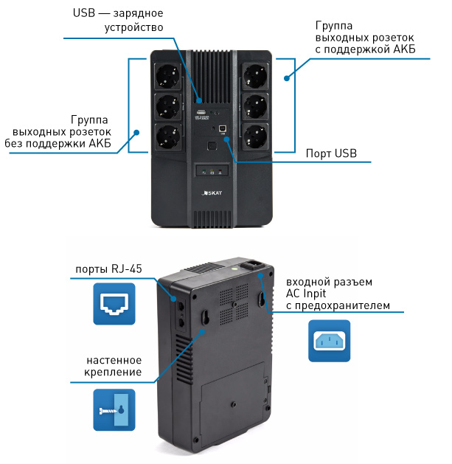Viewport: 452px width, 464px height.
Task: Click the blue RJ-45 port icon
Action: (x=114, y=302)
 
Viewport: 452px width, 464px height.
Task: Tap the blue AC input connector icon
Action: (x=329, y=340)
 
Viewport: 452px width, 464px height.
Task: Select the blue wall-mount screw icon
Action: (x=114, y=409)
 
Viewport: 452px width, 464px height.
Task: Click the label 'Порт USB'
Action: (x=331, y=153)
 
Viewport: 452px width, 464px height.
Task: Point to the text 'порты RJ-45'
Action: (x=108, y=269)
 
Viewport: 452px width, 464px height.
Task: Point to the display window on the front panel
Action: (x=211, y=171)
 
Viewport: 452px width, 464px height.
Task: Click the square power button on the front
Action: (x=212, y=145)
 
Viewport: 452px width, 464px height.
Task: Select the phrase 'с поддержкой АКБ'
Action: (x=364, y=49)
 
